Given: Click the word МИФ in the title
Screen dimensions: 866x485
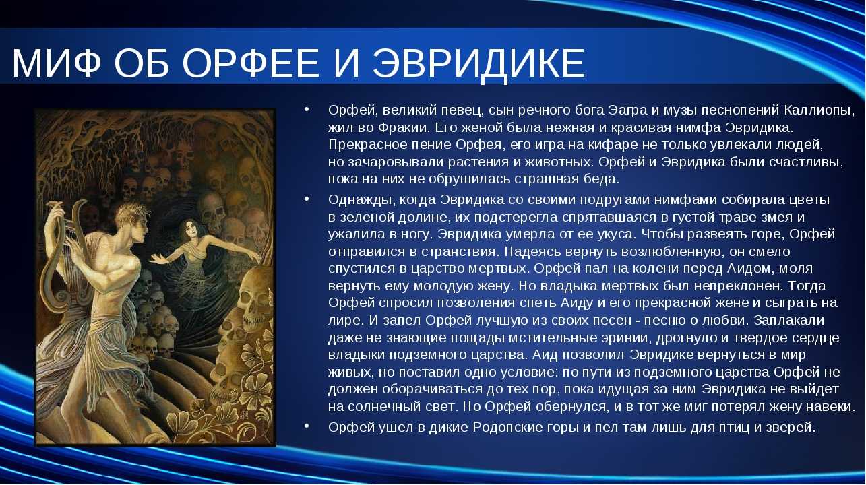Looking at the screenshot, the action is click(56, 63).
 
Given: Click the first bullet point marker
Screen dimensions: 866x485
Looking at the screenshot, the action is click(307, 109).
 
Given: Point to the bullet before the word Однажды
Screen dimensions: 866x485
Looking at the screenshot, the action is click(307, 199).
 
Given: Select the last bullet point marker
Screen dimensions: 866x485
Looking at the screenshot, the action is click(307, 426).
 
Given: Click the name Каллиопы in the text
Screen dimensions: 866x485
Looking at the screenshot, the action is click(818, 111).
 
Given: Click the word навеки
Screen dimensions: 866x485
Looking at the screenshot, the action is click(830, 407).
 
